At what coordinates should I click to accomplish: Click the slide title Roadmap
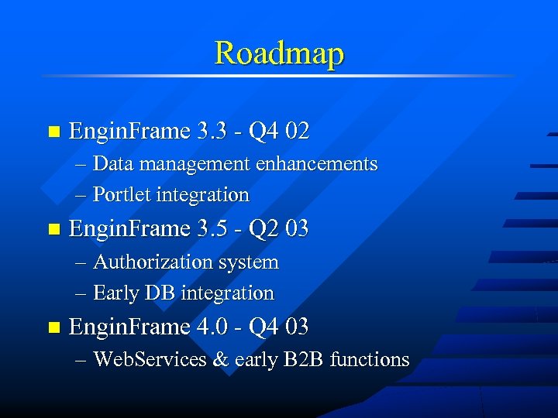pos(279,53)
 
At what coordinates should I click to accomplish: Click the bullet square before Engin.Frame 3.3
pos(53,132)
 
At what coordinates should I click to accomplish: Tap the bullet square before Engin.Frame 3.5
pos(53,230)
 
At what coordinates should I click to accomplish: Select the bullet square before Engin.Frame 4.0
pos(53,328)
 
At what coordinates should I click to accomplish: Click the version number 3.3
pos(213,131)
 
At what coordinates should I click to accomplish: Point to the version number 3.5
pos(213,228)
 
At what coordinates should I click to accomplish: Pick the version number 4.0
pos(213,327)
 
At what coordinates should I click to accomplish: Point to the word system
pos(248,262)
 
